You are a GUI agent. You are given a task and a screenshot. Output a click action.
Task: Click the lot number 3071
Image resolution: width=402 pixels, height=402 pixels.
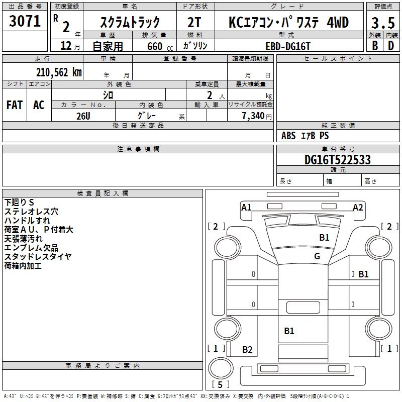25,21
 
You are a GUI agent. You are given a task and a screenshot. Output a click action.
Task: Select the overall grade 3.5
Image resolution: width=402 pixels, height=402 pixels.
382,23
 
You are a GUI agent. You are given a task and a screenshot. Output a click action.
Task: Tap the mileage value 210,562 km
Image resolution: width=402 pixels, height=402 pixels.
59,72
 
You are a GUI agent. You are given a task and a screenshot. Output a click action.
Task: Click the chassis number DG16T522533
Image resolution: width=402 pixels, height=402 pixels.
338,160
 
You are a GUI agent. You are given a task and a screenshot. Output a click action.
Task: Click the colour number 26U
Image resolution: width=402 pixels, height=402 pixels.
83,116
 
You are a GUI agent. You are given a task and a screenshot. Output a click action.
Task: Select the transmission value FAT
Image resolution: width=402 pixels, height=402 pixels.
15,105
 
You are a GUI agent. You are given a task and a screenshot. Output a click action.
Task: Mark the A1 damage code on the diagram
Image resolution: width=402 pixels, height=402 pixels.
246,207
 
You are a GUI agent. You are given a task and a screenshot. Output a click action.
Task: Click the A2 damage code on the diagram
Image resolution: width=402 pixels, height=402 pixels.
358,207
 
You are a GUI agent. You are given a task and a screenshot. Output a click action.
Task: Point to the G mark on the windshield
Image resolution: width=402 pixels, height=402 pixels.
317,256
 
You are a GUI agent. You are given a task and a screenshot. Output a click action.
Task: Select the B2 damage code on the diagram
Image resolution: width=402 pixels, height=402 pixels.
247,350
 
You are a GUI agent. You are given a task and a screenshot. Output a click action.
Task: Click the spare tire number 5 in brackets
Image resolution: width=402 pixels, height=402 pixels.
218,385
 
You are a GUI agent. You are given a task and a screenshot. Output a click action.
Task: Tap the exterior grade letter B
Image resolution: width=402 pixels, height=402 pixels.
374,46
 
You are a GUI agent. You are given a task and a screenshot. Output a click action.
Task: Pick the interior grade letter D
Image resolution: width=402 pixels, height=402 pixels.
391,46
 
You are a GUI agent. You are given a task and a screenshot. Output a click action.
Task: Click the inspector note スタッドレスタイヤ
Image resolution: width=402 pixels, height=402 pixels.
38,257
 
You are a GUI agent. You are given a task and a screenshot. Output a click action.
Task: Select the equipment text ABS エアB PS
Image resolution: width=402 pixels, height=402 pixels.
305,136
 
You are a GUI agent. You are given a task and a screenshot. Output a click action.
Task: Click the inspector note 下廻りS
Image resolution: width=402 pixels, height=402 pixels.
20,203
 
